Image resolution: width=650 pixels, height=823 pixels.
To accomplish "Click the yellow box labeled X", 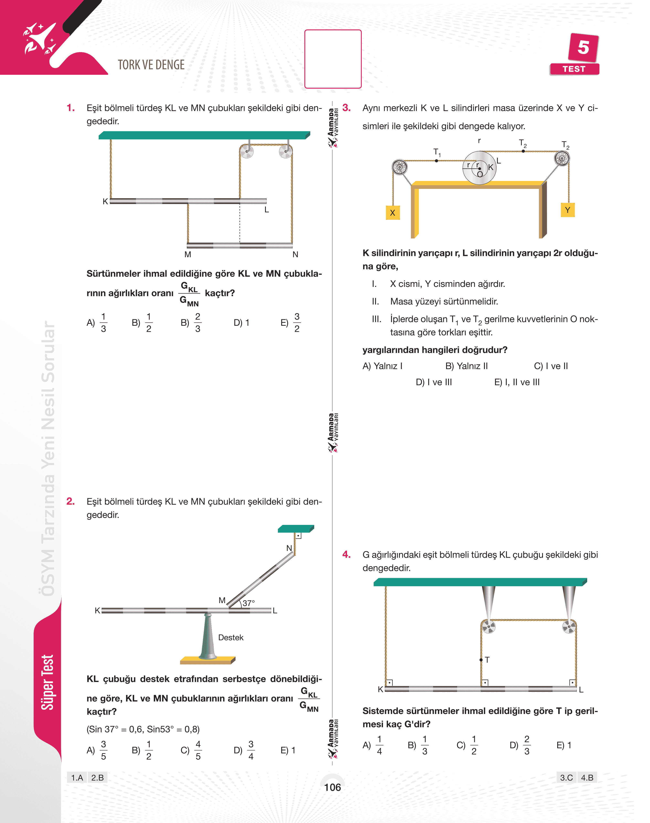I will point(392,213).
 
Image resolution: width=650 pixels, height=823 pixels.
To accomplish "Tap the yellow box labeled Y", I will point(567,210).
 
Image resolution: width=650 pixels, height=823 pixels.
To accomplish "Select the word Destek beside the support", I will point(231,637).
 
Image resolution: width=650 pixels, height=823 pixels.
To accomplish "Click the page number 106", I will point(332,787).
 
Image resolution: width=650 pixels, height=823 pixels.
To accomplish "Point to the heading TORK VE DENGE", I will point(151,65).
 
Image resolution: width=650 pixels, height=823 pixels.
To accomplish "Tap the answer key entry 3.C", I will point(566,777).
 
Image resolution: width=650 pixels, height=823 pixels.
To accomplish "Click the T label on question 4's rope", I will point(487,660).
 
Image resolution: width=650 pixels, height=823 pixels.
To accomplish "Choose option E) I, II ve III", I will point(517,382).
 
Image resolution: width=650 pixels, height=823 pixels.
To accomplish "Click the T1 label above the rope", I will point(437,152).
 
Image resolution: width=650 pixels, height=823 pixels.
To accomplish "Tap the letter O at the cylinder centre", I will point(480,174).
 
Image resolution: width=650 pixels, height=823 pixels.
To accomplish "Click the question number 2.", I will point(70,501).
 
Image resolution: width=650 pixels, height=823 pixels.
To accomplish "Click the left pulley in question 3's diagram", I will point(399,167).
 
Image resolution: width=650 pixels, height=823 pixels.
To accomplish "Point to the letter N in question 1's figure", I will point(295,255).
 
